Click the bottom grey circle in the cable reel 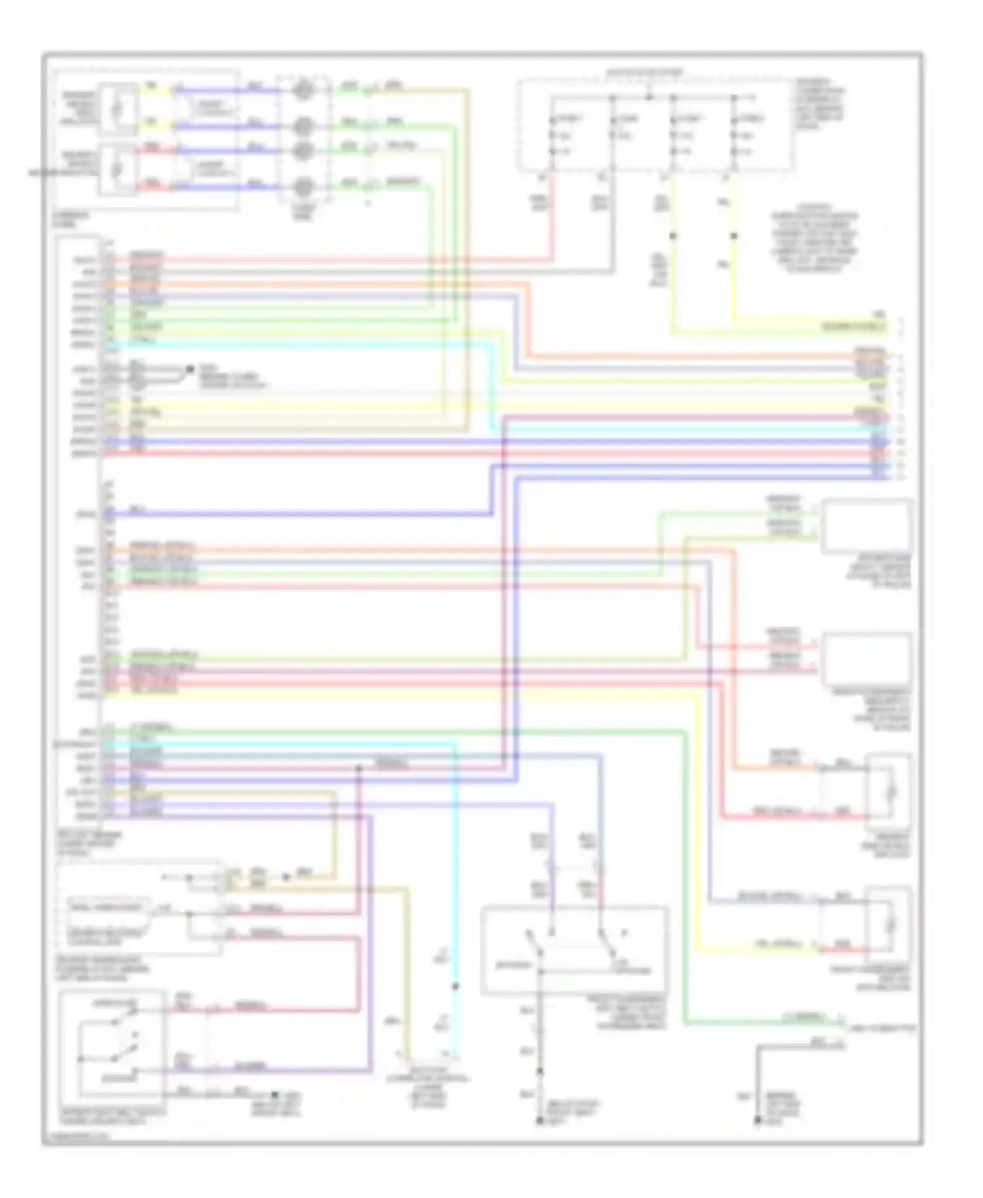pyautogui.click(x=302, y=187)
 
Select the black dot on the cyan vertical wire pyautogui.click(x=455, y=986)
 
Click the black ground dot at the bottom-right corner pyautogui.click(x=757, y=1121)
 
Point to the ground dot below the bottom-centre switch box pyautogui.click(x=540, y=1121)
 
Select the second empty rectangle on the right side pyautogui.click(x=866, y=659)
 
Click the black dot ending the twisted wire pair pyautogui.click(x=189, y=370)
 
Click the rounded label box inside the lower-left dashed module pyautogui.click(x=106, y=908)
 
